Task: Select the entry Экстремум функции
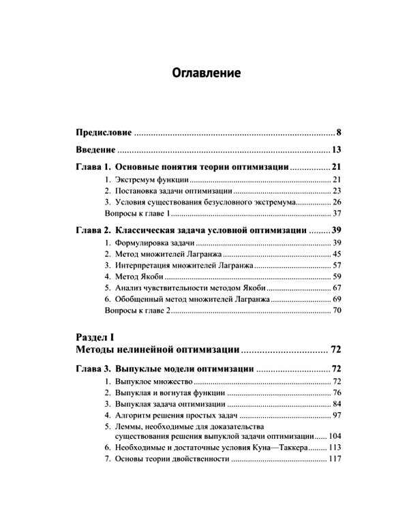pyautogui.click(x=146, y=179)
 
